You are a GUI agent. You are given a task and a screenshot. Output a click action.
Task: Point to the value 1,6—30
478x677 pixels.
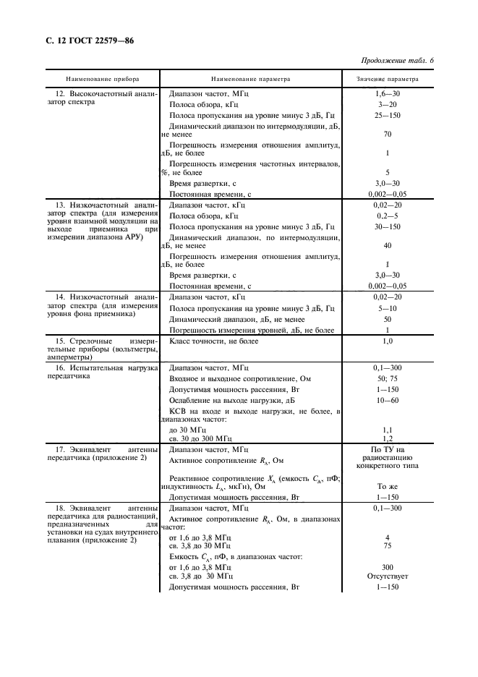(388, 95)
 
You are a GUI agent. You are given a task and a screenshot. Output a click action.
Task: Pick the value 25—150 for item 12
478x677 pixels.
(388, 115)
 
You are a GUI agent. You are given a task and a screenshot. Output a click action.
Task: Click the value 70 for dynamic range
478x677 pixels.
(388, 134)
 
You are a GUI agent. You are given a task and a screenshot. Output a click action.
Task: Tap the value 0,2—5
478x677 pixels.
(388, 216)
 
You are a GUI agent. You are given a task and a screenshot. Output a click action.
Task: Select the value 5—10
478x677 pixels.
(388, 308)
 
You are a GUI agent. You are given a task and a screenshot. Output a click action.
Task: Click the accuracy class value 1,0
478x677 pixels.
(388, 340)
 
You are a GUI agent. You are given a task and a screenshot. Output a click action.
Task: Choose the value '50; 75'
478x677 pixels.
(388, 379)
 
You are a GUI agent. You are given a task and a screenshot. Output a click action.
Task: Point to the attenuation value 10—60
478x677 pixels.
(388, 400)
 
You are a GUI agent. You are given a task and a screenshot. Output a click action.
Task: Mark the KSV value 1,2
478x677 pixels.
(388, 438)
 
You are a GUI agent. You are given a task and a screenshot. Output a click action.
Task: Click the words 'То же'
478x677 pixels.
(388, 487)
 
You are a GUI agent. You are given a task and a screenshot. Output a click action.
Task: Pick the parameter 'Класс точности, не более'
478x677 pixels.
(214, 340)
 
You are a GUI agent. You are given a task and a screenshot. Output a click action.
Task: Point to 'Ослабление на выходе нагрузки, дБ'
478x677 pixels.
(232, 400)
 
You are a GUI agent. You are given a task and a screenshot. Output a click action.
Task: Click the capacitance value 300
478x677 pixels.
(388, 568)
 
